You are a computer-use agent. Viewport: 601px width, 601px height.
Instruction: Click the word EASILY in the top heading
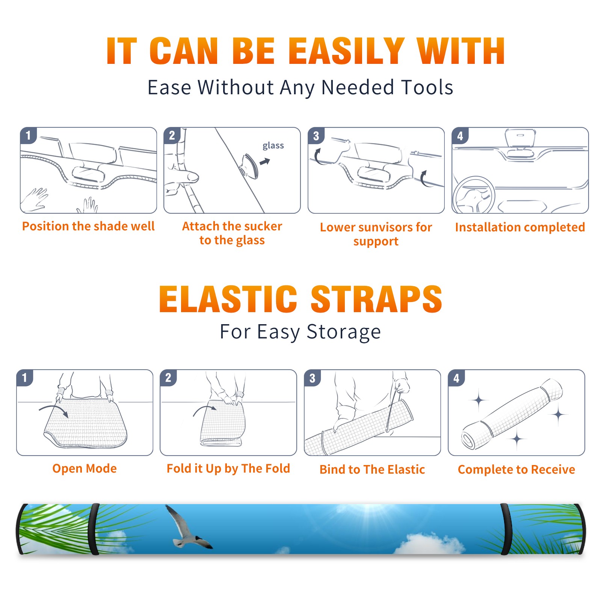[x=346, y=51]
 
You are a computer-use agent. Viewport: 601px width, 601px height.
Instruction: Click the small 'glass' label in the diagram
[x=273, y=145]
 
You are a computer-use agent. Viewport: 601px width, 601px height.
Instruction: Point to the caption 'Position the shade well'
[x=88, y=226]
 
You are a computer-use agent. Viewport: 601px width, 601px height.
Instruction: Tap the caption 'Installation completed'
[x=520, y=227]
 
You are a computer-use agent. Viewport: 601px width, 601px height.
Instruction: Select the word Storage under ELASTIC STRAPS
[x=344, y=332]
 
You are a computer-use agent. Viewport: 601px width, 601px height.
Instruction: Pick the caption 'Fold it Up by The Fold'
[x=228, y=468]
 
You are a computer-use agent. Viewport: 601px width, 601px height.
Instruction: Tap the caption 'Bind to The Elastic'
[x=372, y=470]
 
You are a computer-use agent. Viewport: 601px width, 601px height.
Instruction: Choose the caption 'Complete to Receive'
[x=516, y=470]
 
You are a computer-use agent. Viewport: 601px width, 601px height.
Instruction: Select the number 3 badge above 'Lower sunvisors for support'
[x=316, y=136]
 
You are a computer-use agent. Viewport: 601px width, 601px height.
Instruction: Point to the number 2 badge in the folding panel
[x=168, y=378]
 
